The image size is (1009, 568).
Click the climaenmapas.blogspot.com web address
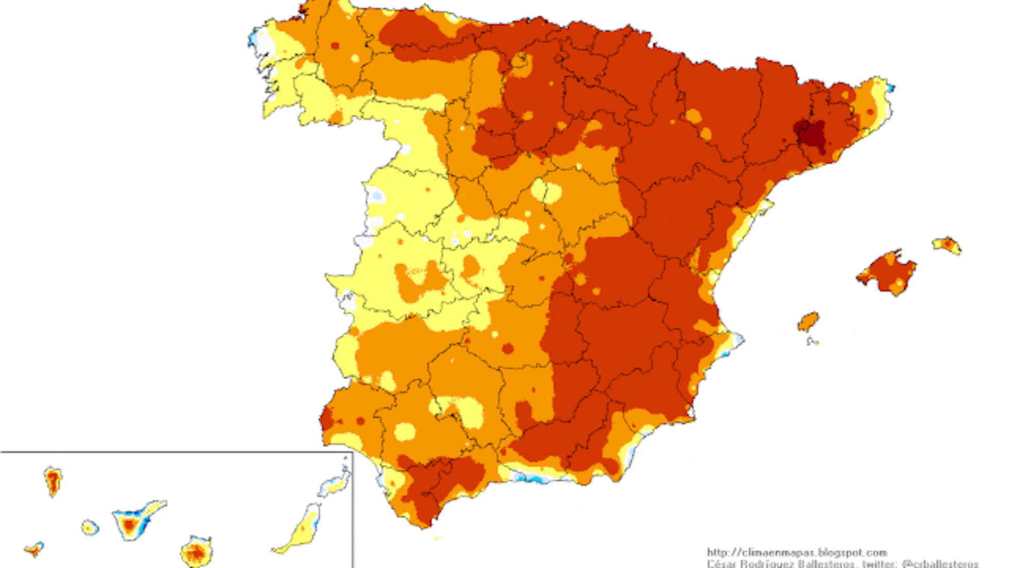pos(796,553)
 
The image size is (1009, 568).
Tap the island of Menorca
pos(947,245)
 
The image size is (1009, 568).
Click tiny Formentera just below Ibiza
pos(812,340)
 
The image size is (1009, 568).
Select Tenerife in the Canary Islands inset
pos(134,520)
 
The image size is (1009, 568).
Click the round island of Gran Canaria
pos(196,552)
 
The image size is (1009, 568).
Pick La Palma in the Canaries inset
pos(53,480)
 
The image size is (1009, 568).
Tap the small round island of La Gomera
pos(90,527)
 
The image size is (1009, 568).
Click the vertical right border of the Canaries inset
pos(353,510)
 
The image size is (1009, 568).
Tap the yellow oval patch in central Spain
pos(546,191)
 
